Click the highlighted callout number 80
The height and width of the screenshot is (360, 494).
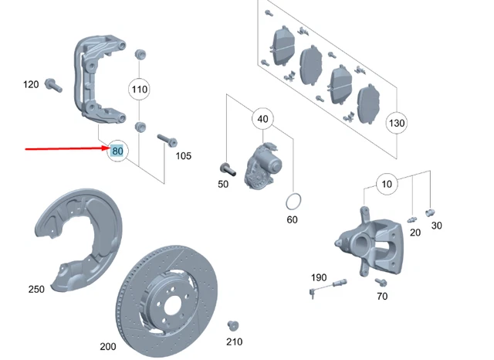tap(117, 151)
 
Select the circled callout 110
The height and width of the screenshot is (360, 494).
tap(139, 90)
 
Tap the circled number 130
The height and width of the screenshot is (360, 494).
tap(397, 123)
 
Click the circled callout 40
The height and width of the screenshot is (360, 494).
tap(262, 119)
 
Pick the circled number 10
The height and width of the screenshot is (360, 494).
tap(386, 183)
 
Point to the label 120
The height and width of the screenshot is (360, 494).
tap(30, 84)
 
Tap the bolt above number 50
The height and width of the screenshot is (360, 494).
tap(226, 167)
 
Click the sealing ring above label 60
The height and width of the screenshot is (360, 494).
tap(292, 202)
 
